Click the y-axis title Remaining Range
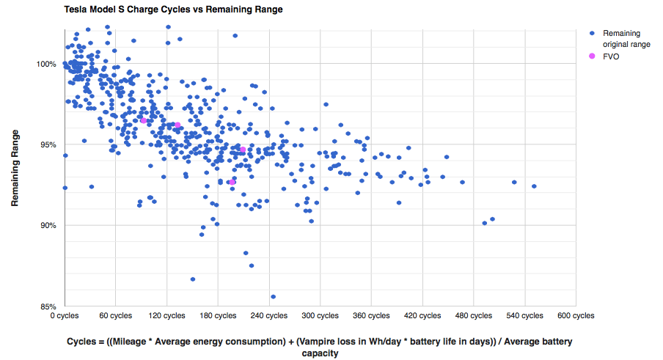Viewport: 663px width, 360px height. [15, 169]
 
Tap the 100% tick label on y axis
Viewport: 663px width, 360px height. [47, 64]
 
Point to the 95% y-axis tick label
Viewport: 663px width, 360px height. [48, 144]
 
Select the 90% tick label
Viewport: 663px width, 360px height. [48, 225]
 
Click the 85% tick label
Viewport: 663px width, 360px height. [48, 306]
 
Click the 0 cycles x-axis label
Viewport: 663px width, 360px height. [65, 316]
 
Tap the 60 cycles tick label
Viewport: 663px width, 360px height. [116, 316]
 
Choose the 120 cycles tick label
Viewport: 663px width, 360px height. [166, 316]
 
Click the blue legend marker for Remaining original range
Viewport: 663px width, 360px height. [592, 34]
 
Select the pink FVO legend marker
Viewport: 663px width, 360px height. [592, 56]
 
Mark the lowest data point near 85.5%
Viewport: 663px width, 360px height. [274, 297]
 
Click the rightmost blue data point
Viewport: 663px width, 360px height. [534, 186]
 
